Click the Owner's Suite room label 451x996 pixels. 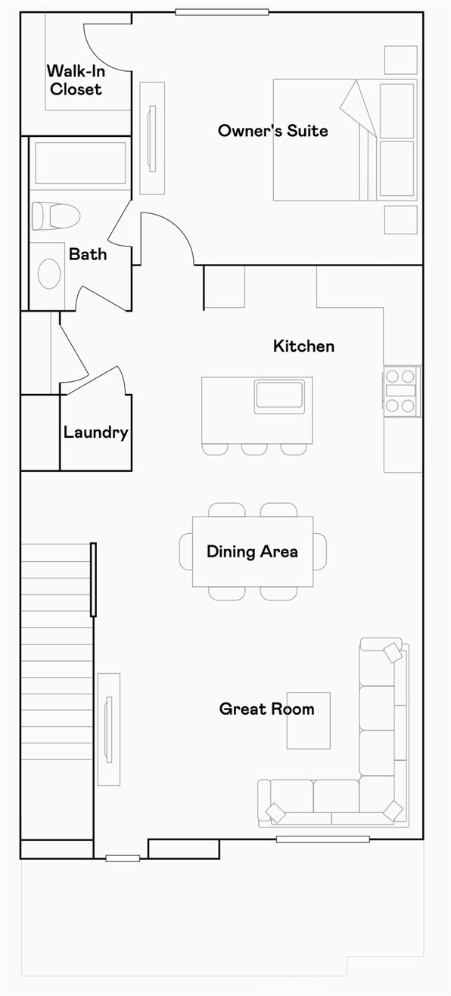(x=272, y=131)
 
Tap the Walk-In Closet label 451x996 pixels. (x=74, y=80)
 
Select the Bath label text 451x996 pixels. (x=88, y=254)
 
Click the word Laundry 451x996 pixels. (x=95, y=433)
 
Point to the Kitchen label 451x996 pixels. (x=303, y=346)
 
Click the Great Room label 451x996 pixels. (x=266, y=709)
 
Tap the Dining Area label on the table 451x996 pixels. (x=252, y=551)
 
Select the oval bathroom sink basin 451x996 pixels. (x=49, y=273)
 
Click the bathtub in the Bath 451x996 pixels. (x=80, y=163)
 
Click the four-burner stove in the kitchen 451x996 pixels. (x=401, y=391)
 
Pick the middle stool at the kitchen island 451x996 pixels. (x=254, y=448)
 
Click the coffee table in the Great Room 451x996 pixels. (x=308, y=720)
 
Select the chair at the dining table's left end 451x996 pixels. (x=185, y=551)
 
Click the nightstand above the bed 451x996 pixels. (x=400, y=60)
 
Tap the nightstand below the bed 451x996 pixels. (x=400, y=219)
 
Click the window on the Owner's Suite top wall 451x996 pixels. (x=222, y=12)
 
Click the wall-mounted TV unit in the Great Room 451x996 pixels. (x=108, y=728)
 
